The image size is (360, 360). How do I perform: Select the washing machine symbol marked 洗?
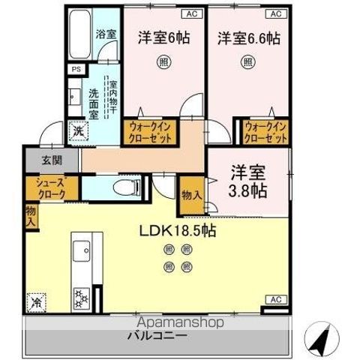coord(78,131)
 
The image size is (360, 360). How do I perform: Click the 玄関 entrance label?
coord(41,160)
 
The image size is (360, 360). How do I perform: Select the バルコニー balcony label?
coord(157,335)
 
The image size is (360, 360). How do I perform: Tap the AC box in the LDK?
coord(275,299)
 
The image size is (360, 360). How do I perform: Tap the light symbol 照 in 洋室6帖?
coord(163,64)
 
